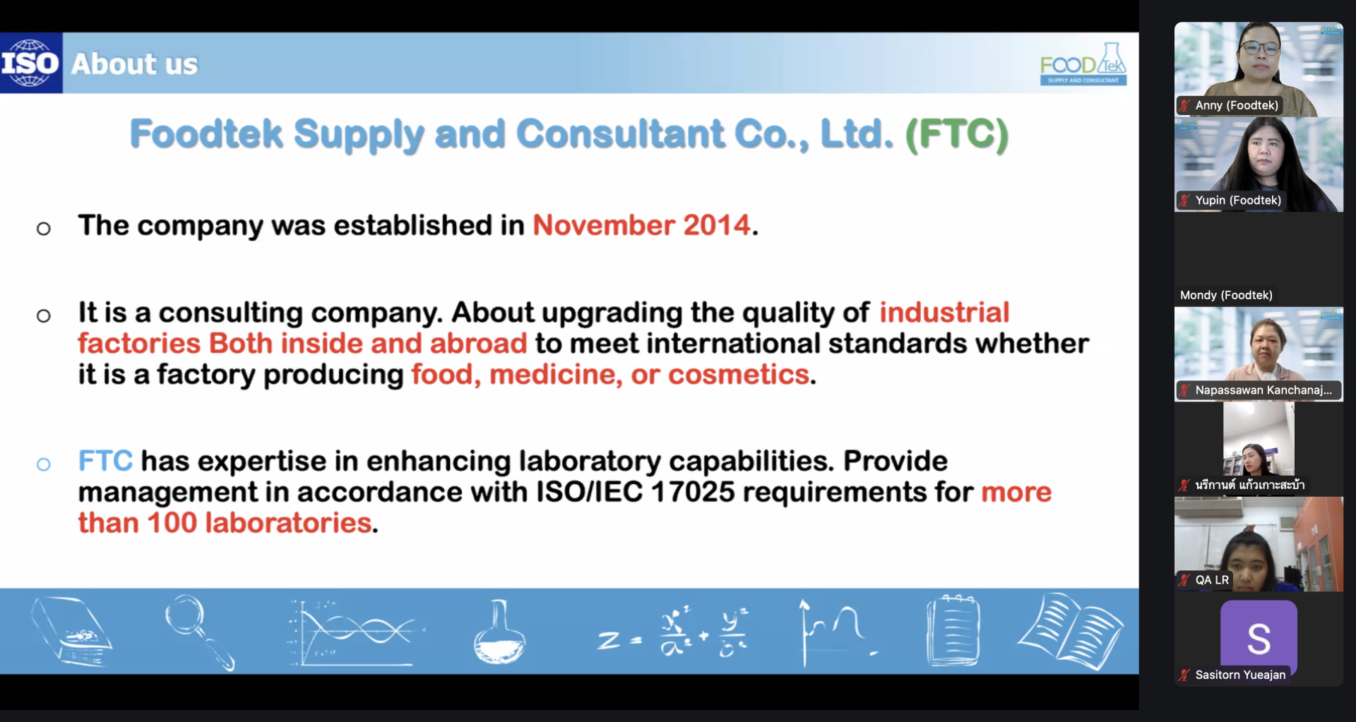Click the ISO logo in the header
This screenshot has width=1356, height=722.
[x=31, y=63]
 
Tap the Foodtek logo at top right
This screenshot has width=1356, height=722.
[x=1083, y=64]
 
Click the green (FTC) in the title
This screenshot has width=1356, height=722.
[x=957, y=134]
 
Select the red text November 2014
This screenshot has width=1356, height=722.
[x=641, y=225]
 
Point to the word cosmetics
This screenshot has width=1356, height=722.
[x=739, y=375]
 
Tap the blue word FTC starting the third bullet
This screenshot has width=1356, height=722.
[x=105, y=461]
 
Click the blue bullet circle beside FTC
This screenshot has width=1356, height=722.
[x=44, y=464]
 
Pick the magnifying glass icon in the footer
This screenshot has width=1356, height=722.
[x=199, y=632]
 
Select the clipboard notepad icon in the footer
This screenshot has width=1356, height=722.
[x=953, y=630]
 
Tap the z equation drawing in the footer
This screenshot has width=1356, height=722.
[x=672, y=633]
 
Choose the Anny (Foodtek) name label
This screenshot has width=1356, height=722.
[x=1237, y=105]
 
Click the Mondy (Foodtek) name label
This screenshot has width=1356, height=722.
[x=1226, y=295]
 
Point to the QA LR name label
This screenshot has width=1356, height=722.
[x=1212, y=580]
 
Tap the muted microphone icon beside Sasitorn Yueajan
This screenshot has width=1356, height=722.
[x=1184, y=675]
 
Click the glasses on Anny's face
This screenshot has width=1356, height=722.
[x=1260, y=48]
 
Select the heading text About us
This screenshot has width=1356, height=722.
[x=135, y=64]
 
